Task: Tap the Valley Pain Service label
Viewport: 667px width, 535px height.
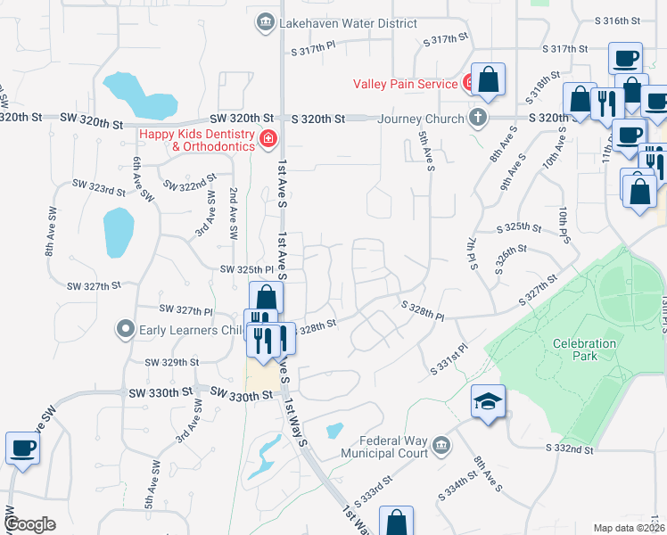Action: [x=405, y=84]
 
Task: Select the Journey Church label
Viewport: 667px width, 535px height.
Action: [x=421, y=119]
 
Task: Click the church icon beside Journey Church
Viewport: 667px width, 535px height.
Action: [x=478, y=118]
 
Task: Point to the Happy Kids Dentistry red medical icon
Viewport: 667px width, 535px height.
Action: [x=268, y=137]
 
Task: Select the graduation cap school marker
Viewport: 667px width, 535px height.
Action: [x=489, y=401]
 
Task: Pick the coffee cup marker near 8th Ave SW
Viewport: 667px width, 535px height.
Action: [x=22, y=448]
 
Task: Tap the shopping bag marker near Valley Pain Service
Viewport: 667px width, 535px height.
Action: [x=489, y=80]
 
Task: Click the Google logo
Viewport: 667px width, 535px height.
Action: [x=29, y=524]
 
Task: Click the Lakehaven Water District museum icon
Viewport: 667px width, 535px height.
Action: [x=264, y=22]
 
